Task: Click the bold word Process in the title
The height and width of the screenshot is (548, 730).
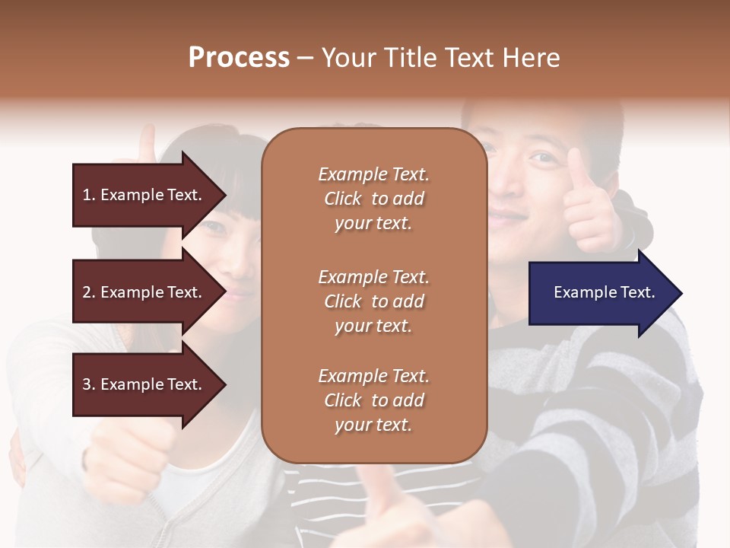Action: coord(239,58)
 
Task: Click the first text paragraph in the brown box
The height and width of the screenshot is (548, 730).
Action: coord(373,199)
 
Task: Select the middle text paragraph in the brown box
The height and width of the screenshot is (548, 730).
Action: coord(373,301)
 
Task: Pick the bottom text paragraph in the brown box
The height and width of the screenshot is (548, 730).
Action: coord(373,400)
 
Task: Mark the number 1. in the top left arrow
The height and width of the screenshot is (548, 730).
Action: coord(88,195)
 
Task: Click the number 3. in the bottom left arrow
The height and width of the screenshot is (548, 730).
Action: coord(88,384)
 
